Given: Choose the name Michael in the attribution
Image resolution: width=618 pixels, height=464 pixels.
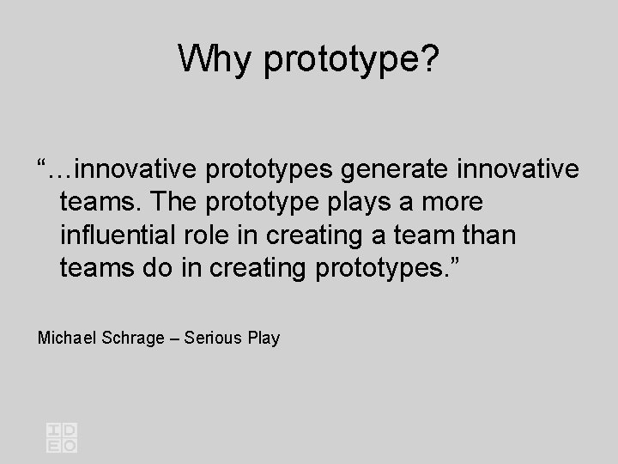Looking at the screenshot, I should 69,338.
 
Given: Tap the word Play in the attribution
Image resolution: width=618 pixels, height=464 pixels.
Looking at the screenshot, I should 263,338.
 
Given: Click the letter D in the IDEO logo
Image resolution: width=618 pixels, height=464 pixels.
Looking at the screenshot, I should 70,430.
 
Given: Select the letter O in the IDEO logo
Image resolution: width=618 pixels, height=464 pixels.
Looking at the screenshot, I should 70,445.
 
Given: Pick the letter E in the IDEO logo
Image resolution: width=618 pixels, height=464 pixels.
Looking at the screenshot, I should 54,445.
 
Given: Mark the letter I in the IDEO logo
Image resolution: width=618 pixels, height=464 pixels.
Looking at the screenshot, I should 54,430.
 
